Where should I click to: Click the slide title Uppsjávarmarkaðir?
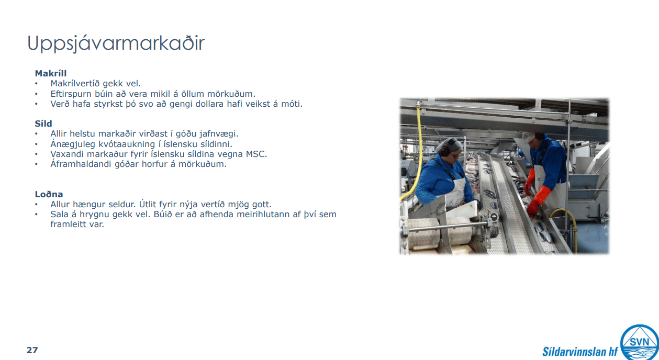coord(116,43)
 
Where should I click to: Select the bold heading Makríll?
coord(51,73)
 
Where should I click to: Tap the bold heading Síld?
coord(43,123)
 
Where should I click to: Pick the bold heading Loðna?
coord(49,194)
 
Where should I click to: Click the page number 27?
coord(32,350)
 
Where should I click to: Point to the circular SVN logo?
coord(639,342)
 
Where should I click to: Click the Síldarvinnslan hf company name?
coord(580,351)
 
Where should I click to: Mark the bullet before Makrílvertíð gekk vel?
coord(37,84)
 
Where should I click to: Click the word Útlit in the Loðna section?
coord(148,204)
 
